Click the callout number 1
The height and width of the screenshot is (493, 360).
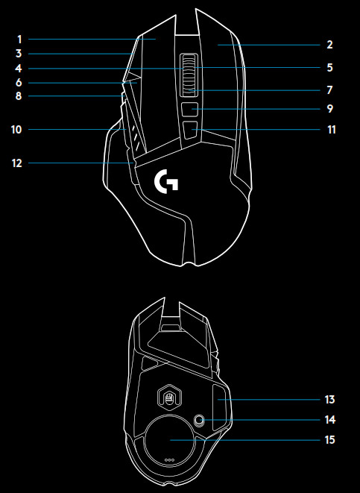19,40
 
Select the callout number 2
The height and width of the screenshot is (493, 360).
329,45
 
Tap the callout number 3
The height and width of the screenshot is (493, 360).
19,54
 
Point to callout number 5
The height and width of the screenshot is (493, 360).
329,68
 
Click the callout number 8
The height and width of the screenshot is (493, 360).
19,96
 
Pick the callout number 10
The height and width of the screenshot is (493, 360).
16,130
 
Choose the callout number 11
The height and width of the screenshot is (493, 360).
332,130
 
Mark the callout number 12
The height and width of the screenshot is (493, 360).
17,163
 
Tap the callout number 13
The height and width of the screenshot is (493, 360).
330,400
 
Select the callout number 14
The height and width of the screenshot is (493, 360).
330,420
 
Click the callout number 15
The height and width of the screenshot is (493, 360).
330,440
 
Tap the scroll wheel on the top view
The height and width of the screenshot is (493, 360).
189,75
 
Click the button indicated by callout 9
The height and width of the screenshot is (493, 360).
190,109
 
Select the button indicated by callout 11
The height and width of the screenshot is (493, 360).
190,130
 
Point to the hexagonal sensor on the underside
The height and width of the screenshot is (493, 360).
170,398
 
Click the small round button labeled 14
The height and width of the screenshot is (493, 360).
198,420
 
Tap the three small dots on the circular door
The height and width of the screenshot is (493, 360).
170,460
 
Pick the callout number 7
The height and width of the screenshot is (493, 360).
329,90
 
